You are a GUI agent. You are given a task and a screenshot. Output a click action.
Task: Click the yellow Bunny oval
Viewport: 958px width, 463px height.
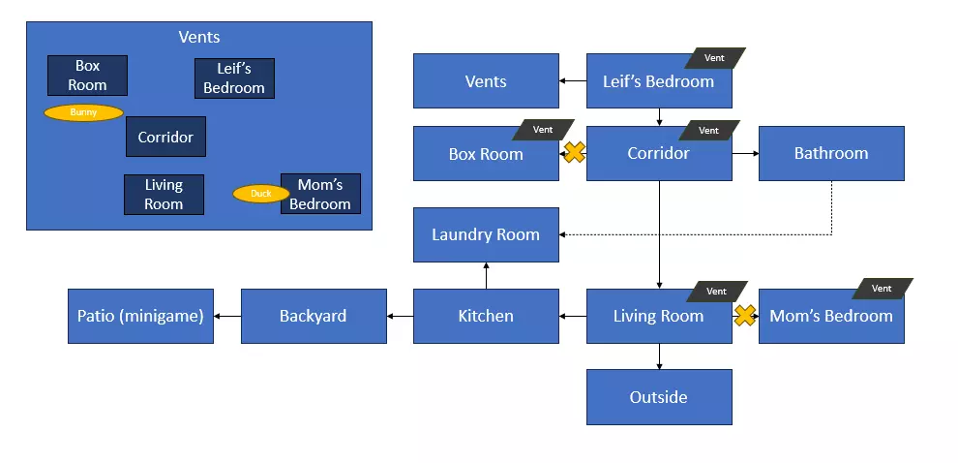pos(83,112)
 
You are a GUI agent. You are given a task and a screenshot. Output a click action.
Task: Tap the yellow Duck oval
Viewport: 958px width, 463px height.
pos(261,194)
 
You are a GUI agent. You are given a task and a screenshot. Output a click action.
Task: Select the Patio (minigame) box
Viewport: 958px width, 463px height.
pos(140,316)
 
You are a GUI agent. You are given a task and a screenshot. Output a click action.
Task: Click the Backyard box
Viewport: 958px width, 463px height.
pos(313,316)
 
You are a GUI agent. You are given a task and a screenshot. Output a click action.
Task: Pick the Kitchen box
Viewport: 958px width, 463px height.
pos(486,316)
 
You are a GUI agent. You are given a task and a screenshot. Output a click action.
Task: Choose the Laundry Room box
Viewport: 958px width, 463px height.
pos(486,234)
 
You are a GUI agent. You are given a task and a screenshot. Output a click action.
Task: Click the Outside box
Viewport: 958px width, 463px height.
pos(659,397)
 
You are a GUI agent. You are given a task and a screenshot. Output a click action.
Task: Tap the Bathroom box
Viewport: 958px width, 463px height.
pos(831,153)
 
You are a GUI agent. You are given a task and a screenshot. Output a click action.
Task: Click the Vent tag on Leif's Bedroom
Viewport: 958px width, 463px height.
pos(714,58)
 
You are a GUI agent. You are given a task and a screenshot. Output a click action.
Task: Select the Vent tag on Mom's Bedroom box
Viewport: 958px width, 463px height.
pos(882,289)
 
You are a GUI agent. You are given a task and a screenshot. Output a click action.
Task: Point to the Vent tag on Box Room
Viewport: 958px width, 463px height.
pos(543,130)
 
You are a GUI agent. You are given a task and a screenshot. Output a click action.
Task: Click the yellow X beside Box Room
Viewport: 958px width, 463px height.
pos(574,152)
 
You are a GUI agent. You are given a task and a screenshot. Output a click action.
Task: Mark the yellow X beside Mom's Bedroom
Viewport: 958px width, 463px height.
pos(744,316)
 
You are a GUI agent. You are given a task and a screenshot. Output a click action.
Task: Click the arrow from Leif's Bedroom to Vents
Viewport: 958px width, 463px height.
pos(573,81)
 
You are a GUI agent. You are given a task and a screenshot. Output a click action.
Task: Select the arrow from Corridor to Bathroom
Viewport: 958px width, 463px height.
pos(745,153)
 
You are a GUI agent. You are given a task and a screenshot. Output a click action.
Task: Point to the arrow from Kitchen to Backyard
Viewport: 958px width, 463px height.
pos(400,316)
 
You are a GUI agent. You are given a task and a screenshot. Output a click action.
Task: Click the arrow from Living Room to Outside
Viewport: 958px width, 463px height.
pos(659,355)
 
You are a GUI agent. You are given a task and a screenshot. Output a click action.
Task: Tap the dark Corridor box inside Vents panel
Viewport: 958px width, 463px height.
pos(165,137)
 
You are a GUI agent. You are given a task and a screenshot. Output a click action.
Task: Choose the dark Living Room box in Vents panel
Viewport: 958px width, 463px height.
pos(164,194)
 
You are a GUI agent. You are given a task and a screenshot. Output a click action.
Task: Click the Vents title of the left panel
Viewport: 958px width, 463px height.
pos(199,37)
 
